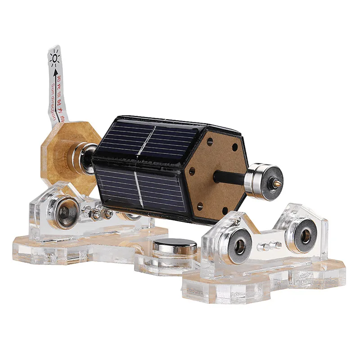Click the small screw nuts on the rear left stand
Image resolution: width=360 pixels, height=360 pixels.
[x=102, y=214]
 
